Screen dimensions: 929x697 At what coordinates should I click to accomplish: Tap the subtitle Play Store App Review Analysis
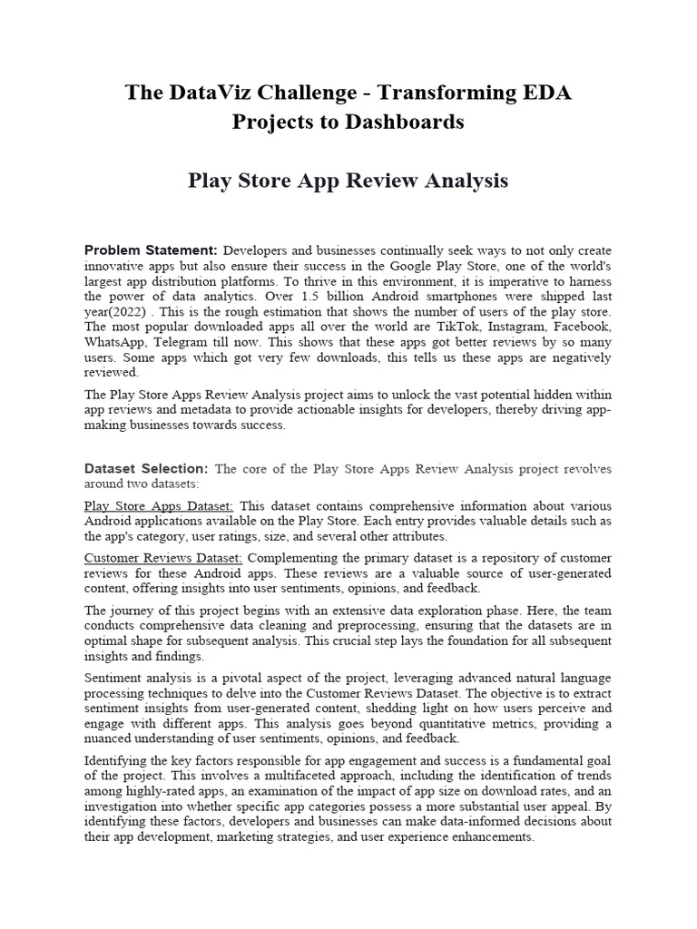[x=348, y=181]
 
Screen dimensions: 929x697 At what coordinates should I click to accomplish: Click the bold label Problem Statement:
[x=151, y=249]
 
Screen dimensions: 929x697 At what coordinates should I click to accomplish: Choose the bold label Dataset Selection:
[x=146, y=469]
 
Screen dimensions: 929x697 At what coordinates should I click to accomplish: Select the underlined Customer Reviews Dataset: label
[x=163, y=557]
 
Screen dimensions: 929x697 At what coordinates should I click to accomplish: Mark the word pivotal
[x=229, y=678]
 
